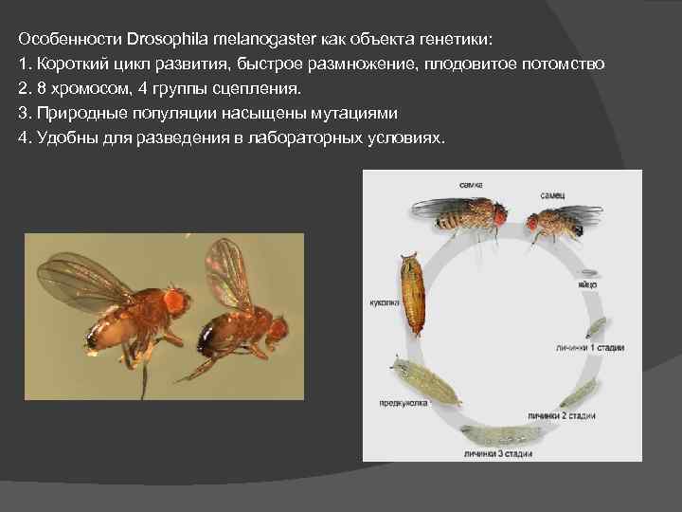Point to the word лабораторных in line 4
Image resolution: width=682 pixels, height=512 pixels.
[x=299, y=137]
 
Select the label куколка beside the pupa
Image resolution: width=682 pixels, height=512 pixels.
[x=384, y=303]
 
